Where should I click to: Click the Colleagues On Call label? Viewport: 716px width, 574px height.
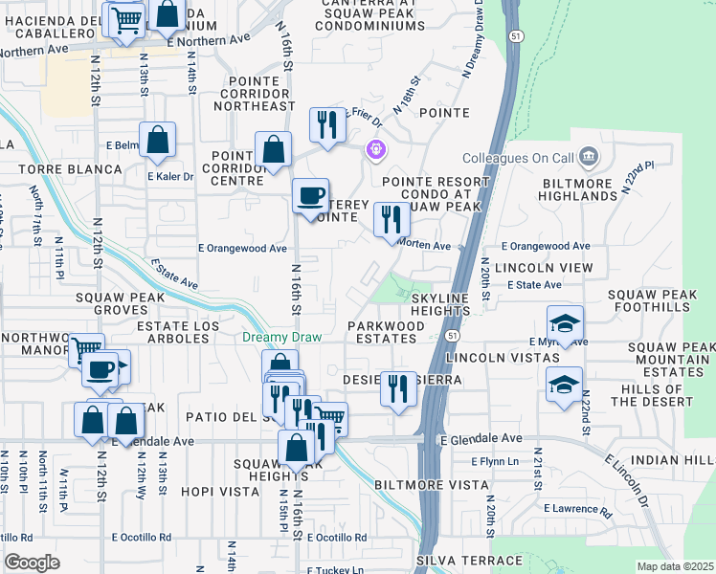pos(517,157)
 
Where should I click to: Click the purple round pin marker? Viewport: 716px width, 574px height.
pos(375,149)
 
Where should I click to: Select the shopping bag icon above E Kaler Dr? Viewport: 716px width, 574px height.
pos(158,140)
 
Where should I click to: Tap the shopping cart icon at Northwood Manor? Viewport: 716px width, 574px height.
pos(86,350)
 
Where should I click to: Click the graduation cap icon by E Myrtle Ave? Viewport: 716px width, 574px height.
pos(566,323)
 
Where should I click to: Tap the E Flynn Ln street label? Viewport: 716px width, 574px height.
pos(495,461)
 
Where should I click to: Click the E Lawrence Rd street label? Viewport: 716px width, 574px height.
pos(577,507)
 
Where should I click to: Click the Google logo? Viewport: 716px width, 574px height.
pos(32,563)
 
